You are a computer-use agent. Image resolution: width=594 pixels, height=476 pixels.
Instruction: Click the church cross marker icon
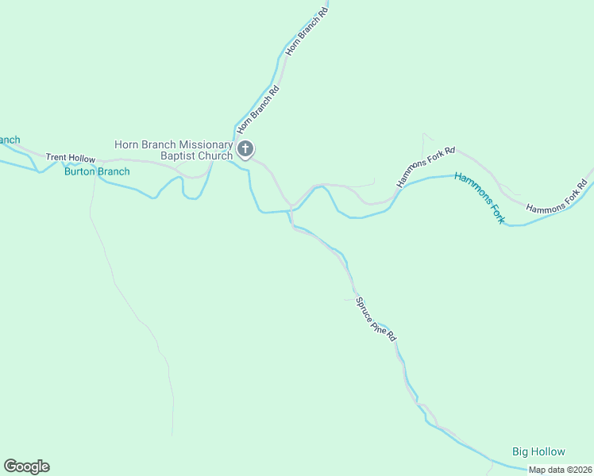pos(246,148)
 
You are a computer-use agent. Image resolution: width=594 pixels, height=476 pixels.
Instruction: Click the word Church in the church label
pos(215,156)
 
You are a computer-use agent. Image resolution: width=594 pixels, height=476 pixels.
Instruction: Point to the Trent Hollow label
pos(70,158)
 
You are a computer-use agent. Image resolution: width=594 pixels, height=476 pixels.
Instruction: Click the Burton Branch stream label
pos(97,171)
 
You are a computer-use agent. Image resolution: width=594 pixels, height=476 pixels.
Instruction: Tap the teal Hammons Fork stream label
pos(480,197)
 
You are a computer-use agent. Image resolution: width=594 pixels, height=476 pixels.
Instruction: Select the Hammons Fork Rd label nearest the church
pos(426,167)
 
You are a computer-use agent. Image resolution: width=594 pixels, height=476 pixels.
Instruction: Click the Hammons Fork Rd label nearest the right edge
pos(556,198)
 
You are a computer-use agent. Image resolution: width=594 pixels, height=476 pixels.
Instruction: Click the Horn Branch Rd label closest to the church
pos(259,109)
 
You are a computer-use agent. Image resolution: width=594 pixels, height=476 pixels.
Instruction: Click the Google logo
pos(26,466)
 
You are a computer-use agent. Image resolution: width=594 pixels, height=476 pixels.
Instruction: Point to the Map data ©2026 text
pos(560,470)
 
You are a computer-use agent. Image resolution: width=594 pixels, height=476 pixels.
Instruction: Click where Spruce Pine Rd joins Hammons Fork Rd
pos(291,207)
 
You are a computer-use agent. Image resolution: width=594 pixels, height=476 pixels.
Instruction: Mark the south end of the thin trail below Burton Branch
pos(172,435)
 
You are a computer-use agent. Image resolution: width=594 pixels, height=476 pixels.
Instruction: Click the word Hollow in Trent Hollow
pos(81,158)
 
